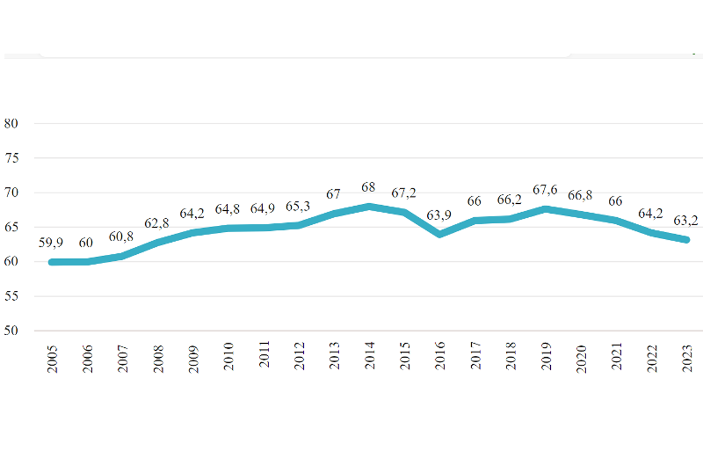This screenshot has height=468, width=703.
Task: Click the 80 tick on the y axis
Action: coord(12,123)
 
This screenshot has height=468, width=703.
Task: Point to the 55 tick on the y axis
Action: coord(12,296)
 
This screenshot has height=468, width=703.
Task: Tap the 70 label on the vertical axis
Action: coord(12,192)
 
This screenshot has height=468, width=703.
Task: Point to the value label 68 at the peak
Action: coord(369,188)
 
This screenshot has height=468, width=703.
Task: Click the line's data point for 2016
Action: coord(440,234)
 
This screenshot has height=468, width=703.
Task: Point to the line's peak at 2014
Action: coord(370,206)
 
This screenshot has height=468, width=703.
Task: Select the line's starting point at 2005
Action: coord(53,262)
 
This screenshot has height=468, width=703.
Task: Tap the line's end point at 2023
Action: coord(687,239)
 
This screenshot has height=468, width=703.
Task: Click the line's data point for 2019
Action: coord(546,208)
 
